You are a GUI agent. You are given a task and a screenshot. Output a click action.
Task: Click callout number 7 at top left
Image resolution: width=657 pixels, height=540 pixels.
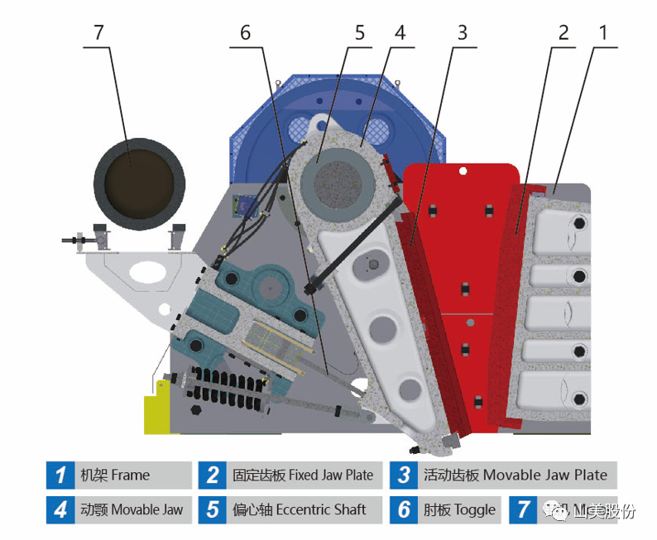click(99, 32)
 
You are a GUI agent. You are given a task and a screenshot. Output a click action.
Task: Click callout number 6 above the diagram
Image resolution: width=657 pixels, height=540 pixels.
click(245, 32)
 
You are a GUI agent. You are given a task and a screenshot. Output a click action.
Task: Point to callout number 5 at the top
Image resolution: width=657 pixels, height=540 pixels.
click(359, 32)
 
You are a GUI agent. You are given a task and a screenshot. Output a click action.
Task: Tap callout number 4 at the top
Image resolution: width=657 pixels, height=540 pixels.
click(400, 32)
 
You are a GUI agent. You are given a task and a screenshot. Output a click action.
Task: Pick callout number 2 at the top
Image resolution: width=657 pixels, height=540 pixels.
click(564, 32)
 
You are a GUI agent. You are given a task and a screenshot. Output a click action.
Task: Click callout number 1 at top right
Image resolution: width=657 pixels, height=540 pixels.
click(603, 32)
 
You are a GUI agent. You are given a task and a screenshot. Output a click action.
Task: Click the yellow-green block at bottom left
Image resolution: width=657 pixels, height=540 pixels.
click(157, 413)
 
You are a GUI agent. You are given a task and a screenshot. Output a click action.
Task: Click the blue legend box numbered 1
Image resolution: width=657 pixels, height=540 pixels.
click(60, 475)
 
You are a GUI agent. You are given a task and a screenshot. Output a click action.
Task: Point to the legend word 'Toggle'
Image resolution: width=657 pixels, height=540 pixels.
click(475, 509)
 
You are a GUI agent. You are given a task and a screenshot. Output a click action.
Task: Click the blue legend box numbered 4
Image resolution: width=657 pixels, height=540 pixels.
click(60, 509)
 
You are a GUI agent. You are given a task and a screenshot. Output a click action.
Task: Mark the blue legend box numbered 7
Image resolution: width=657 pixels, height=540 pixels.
click(523, 509)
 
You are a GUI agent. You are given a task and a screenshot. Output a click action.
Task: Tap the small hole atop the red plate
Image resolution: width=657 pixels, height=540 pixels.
click(465, 172)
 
